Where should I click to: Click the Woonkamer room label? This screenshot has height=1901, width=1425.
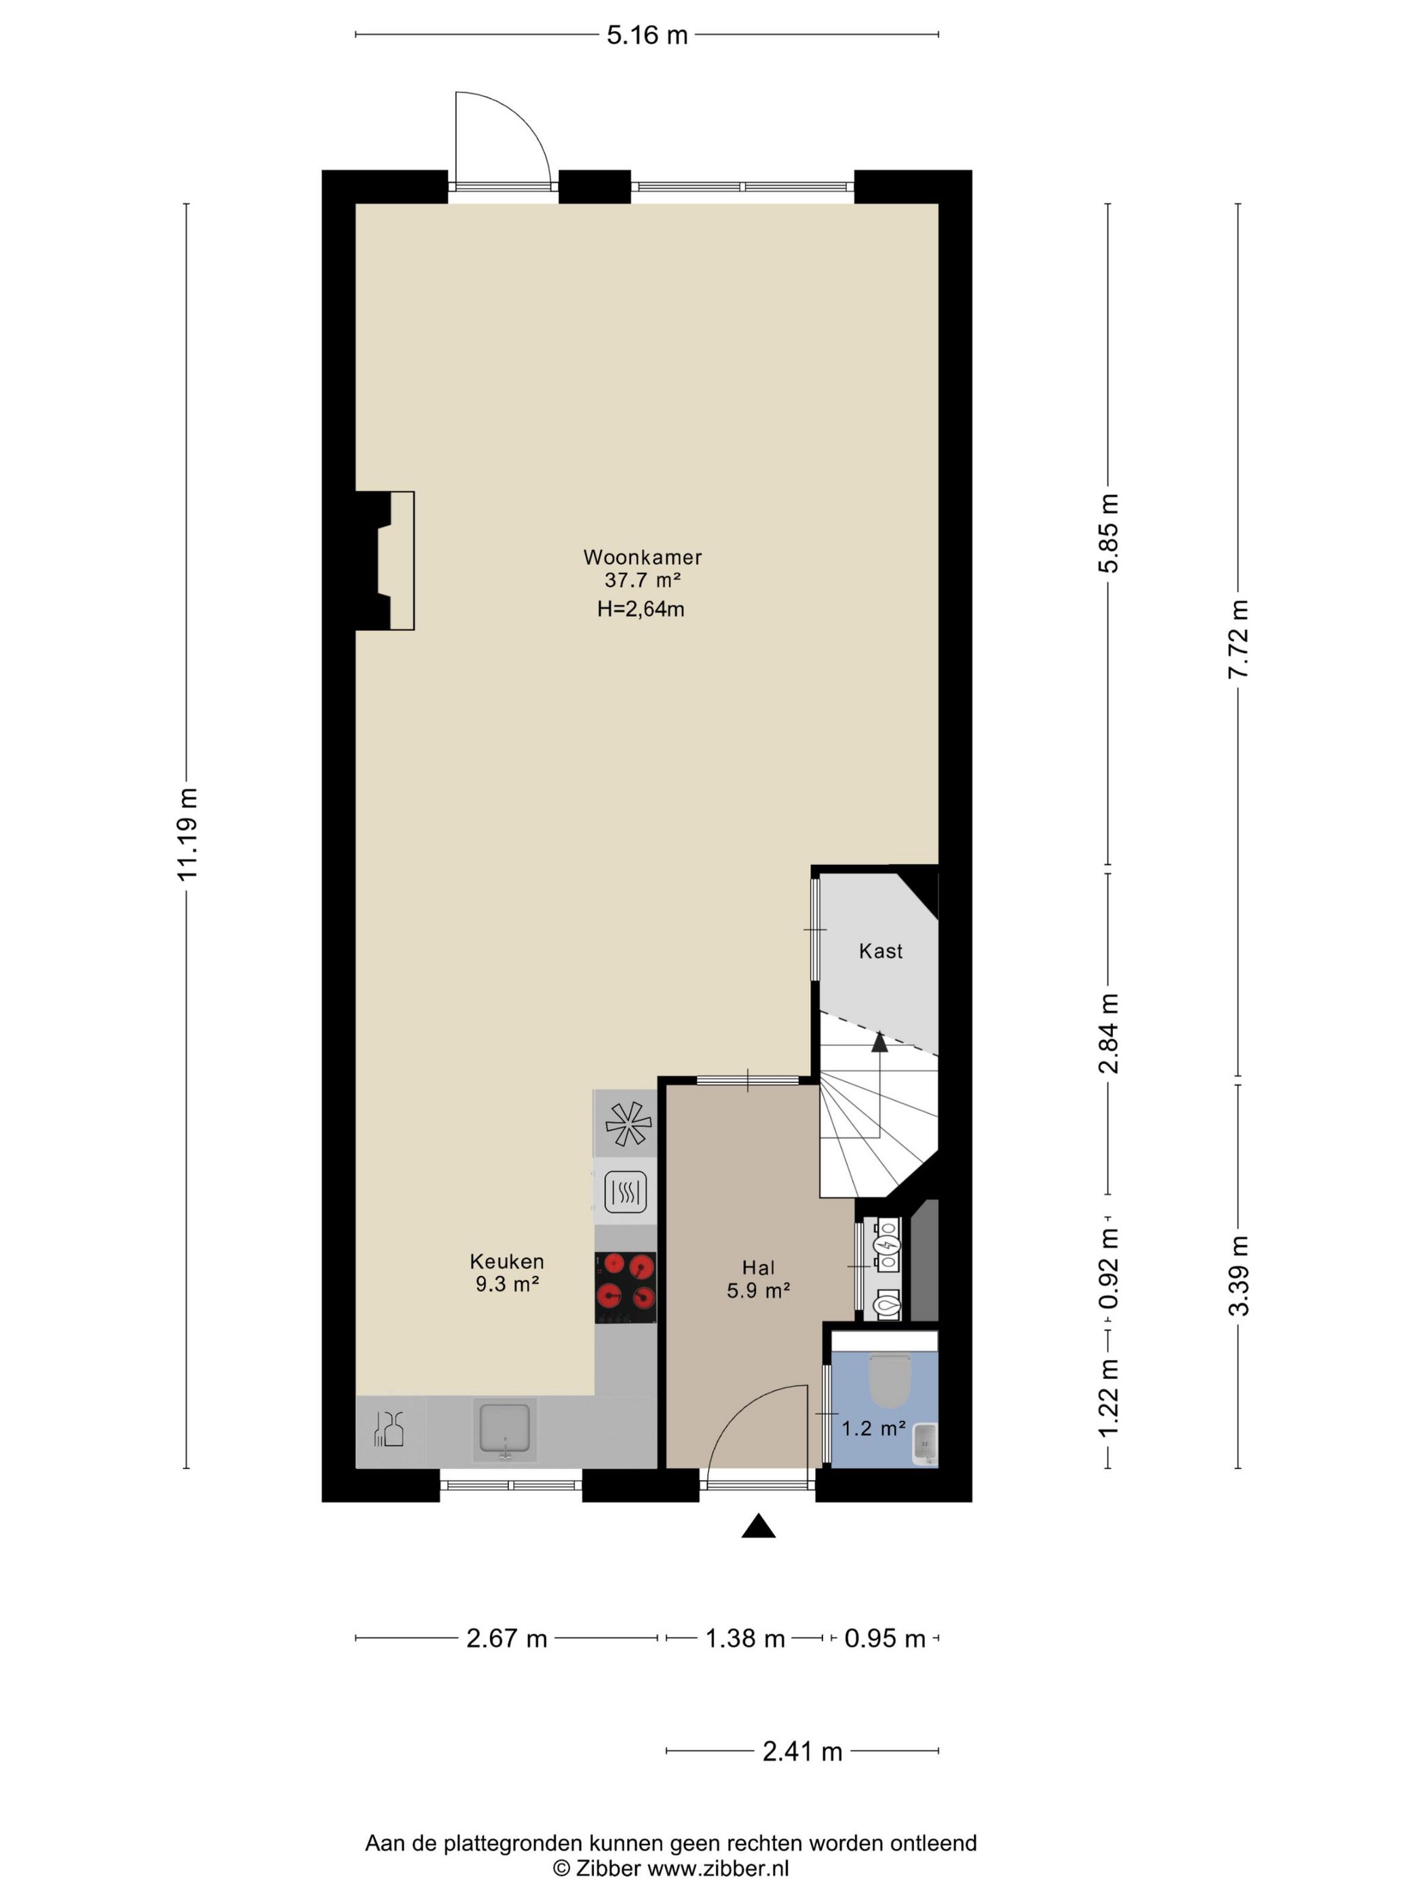pyautogui.click(x=643, y=557)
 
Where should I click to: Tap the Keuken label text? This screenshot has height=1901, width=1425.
pyautogui.click(x=507, y=1261)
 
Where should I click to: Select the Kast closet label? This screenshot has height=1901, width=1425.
pyautogui.click(x=880, y=950)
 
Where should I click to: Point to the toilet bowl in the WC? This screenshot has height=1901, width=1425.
pyautogui.click(x=889, y=1380)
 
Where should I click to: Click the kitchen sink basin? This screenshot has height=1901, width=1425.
pyautogui.click(x=505, y=1430)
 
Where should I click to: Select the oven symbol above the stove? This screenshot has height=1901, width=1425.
pyautogui.click(x=626, y=1192)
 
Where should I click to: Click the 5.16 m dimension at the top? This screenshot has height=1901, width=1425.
pyautogui.click(x=647, y=35)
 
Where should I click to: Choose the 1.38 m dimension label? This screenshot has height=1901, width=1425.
pyautogui.click(x=744, y=1639)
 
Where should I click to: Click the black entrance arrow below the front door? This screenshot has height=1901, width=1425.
pyautogui.click(x=759, y=1526)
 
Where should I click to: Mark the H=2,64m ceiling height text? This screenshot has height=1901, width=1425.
pyautogui.click(x=641, y=609)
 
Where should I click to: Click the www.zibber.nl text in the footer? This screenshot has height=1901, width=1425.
pyautogui.click(x=717, y=1868)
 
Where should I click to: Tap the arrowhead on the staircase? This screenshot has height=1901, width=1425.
pyautogui.click(x=879, y=1041)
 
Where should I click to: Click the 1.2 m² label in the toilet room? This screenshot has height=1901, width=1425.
pyautogui.click(x=873, y=1428)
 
